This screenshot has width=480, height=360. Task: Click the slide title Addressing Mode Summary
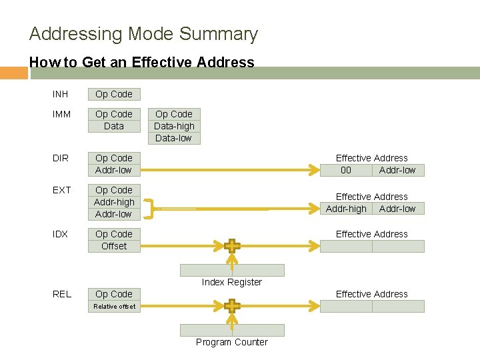pyautogui.click(x=143, y=34)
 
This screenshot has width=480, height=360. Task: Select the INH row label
pyautogui.click(x=61, y=94)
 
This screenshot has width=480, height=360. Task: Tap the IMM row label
pyautogui.click(x=61, y=114)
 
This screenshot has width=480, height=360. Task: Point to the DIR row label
pyautogui.click(x=61, y=158)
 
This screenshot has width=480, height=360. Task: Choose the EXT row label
pyautogui.click(x=61, y=190)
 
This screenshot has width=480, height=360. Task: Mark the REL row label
pyautogui.click(x=62, y=294)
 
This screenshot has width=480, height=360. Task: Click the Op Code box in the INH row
pyautogui.click(x=114, y=94)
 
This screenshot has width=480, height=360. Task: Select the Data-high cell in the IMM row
pyautogui.click(x=174, y=126)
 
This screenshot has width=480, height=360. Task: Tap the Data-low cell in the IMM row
pyautogui.click(x=174, y=138)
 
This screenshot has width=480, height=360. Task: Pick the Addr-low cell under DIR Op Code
pyautogui.click(x=114, y=170)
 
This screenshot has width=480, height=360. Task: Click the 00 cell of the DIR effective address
pyautogui.click(x=346, y=170)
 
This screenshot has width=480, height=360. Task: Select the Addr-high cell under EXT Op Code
pyautogui.click(x=114, y=202)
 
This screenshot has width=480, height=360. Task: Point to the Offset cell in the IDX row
pyautogui.click(x=114, y=246)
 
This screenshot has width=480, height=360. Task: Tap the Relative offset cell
pyautogui.click(x=114, y=307)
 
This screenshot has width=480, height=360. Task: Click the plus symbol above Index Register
pyautogui.click(x=232, y=246)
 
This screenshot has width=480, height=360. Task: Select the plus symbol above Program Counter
pyautogui.click(x=232, y=306)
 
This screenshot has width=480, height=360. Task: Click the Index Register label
pyautogui.click(x=232, y=282)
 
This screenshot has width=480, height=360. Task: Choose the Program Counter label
pyautogui.click(x=232, y=342)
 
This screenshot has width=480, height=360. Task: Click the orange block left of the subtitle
pyautogui.click(x=13, y=73)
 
